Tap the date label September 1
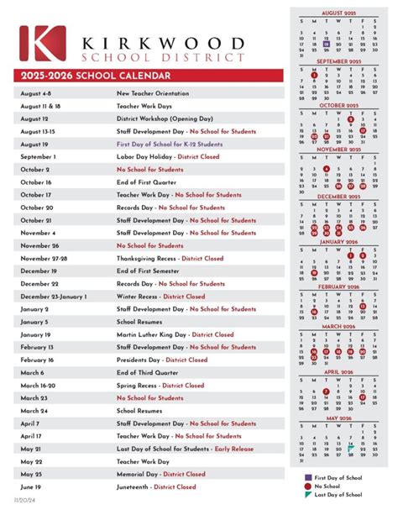tap(38, 156)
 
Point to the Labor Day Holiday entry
tap(168, 156)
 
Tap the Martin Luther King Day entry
tap(175, 334)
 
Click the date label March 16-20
tap(39, 385)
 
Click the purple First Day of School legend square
tap(306, 477)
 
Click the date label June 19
tap(33, 486)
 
